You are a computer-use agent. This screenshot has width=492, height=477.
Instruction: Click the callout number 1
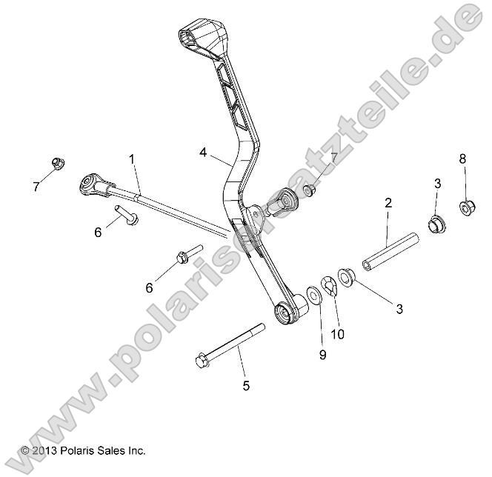point(132,159)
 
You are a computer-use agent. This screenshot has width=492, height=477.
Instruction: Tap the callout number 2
point(388,202)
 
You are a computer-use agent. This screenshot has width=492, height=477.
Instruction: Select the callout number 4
point(203,153)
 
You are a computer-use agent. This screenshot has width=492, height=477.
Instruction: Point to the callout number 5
point(247,385)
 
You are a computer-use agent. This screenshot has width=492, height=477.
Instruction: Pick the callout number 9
point(322,355)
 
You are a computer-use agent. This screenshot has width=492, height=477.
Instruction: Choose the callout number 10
point(337,334)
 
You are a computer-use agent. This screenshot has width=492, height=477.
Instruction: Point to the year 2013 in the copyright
point(46,450)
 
